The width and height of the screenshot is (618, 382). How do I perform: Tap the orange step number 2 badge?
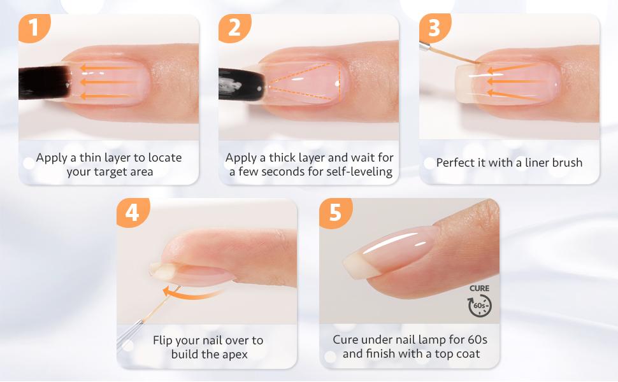[x=234, y=28]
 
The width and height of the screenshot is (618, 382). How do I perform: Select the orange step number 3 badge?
[x=435, y=28]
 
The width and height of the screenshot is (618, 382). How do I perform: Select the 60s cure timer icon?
[x=480, y=306]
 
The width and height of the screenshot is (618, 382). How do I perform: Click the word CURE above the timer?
[x=480, y=288]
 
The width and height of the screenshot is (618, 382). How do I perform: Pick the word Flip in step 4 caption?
[x=165, y=341]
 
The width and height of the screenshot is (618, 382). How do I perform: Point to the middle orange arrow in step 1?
[x=109, y=82]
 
